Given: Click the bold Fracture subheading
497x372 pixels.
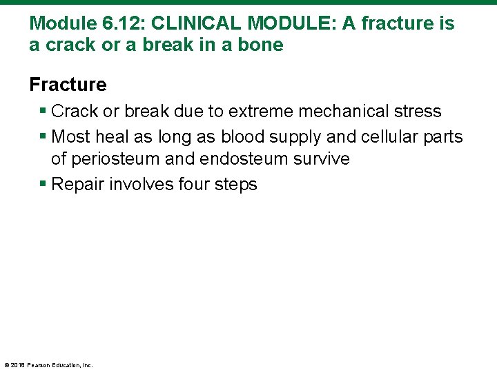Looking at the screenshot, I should (68, 85).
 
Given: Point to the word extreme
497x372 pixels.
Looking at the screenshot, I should (258, 112).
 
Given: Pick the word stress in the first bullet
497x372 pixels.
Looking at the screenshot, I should (418, 112).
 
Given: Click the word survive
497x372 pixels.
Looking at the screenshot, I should (323, 159).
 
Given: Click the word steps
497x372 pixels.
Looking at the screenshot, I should (235, 185).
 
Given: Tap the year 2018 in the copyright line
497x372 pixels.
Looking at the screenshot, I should (18, 365).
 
